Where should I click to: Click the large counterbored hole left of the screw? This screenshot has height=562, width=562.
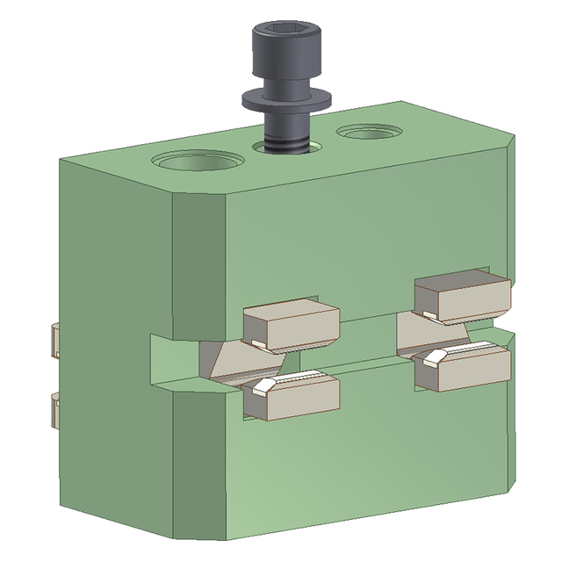coord(198,162)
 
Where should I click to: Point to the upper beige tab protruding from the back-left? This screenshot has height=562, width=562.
coord(53,339)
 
